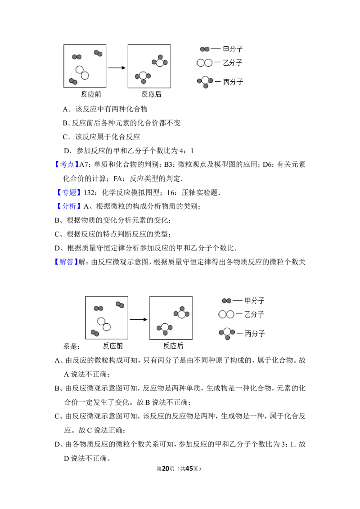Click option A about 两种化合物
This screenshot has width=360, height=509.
(105, 109)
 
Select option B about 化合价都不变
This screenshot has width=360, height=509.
(121, 123)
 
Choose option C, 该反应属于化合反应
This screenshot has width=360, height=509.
(101, 137)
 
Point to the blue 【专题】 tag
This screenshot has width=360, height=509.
(68, 192)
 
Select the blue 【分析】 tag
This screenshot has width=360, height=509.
(68, 206)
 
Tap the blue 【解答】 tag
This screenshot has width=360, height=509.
(66, 262)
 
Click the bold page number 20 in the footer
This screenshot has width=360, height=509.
(166, 469)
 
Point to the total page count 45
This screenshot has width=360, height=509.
(189, 469)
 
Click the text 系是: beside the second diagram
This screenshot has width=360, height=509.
(72, 346)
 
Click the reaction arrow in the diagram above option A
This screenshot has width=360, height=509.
(117, 68)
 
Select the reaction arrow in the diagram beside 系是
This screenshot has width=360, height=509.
(139, 319)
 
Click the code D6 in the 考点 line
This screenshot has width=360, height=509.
(267, 165)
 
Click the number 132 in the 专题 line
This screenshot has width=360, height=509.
(90, 193)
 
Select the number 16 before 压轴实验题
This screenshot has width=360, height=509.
(171, 193)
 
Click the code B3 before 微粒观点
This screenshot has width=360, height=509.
(168, 165)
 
